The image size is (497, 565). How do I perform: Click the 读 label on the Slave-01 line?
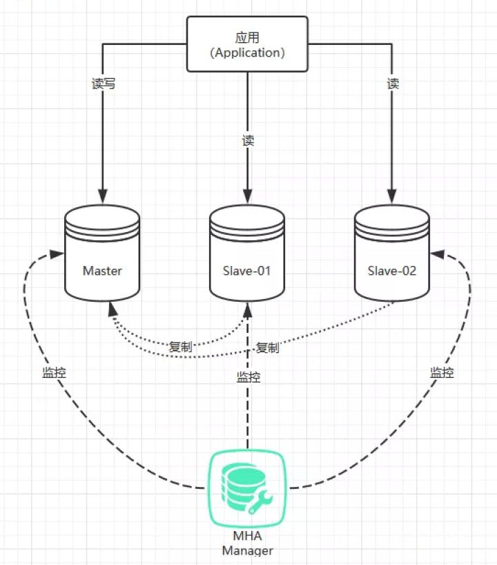(248, 140)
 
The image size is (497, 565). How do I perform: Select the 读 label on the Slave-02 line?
(393, 84)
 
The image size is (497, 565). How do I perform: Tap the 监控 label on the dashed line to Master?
(54, 372)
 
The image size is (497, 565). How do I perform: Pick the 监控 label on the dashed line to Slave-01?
(248, 377)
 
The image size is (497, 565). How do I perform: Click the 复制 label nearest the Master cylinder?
(180, 347)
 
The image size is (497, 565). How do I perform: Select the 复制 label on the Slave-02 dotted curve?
(267, 347)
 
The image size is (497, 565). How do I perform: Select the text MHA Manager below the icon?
(247, 544)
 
